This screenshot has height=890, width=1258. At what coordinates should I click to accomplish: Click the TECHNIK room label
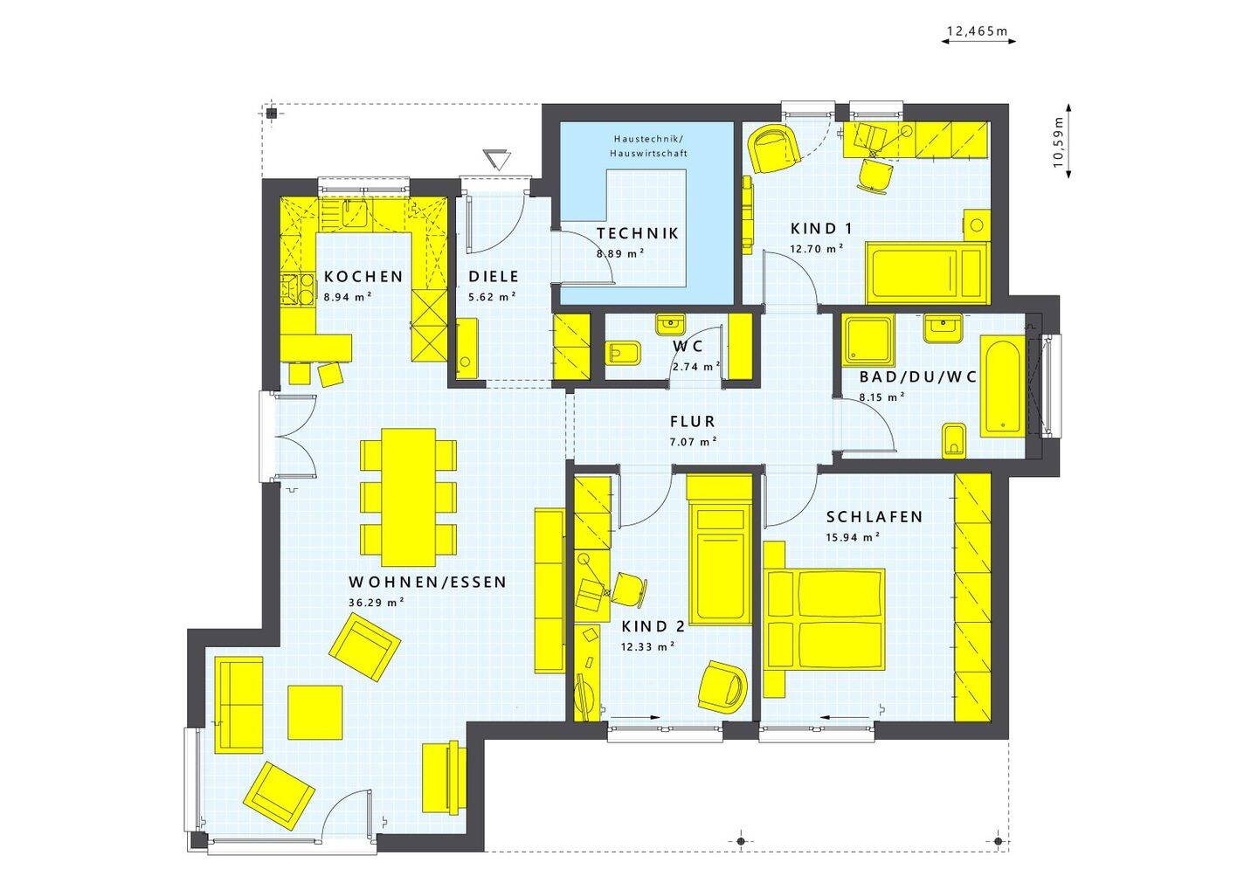coord(638,233)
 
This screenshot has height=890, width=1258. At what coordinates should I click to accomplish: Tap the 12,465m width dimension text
coord(978,31)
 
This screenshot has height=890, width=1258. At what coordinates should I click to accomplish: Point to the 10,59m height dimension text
coord(1058,142)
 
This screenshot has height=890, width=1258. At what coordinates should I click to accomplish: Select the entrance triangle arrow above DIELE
coord(497,159)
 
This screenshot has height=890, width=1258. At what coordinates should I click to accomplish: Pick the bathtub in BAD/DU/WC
coord(1003,386)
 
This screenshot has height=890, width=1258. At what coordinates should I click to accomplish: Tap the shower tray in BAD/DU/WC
coord(867,341)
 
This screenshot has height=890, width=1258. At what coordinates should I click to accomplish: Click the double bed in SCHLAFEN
coord(825,618)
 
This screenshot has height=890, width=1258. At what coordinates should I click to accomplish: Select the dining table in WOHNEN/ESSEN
coord(408,498)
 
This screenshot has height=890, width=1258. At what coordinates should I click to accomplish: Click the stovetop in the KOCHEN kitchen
coord(297,290)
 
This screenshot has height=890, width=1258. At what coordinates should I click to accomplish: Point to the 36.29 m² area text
coord(377,603)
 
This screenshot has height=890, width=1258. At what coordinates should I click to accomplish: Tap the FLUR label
coord(693,421)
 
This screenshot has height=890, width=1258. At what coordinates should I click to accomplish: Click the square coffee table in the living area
coord(315,712)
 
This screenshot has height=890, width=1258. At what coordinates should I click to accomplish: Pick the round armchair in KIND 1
coord(774,149)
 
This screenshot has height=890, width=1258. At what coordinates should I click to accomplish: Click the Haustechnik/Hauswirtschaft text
coord(648,146)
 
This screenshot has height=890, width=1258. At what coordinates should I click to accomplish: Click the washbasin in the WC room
coord(671,325)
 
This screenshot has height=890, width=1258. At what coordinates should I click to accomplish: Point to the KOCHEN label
coord(363,276)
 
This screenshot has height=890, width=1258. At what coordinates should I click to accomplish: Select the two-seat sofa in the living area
coord(238,705)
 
